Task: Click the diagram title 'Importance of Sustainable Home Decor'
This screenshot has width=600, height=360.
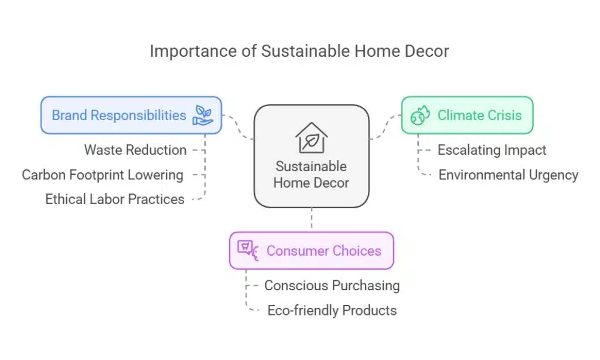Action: [299, 51]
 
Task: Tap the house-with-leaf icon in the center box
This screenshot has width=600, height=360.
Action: [311, 137]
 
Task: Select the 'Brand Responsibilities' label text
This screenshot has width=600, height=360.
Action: [119, 115]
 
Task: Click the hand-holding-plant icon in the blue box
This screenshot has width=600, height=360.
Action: [203, 115]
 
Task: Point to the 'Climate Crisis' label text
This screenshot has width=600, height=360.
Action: [479, 115]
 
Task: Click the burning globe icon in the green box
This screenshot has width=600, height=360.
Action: [420, 115]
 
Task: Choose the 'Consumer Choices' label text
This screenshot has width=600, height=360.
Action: [323, 250]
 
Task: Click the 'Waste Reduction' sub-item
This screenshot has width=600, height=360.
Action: [135, 150]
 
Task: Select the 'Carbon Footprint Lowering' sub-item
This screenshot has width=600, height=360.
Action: [103, 175]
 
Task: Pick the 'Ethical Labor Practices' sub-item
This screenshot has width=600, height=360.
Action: [115, 199]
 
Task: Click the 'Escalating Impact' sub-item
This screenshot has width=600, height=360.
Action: [492, 150]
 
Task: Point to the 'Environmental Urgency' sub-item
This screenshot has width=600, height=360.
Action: [508, 175]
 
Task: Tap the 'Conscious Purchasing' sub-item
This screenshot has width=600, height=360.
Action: [332, 286]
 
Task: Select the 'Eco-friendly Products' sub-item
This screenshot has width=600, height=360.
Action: [332, 310]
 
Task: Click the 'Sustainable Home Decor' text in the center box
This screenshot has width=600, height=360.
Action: [311, 174]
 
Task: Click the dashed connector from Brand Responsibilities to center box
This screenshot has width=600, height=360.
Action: [239, 125]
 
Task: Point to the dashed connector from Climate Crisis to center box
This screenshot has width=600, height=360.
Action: [384, 125]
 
